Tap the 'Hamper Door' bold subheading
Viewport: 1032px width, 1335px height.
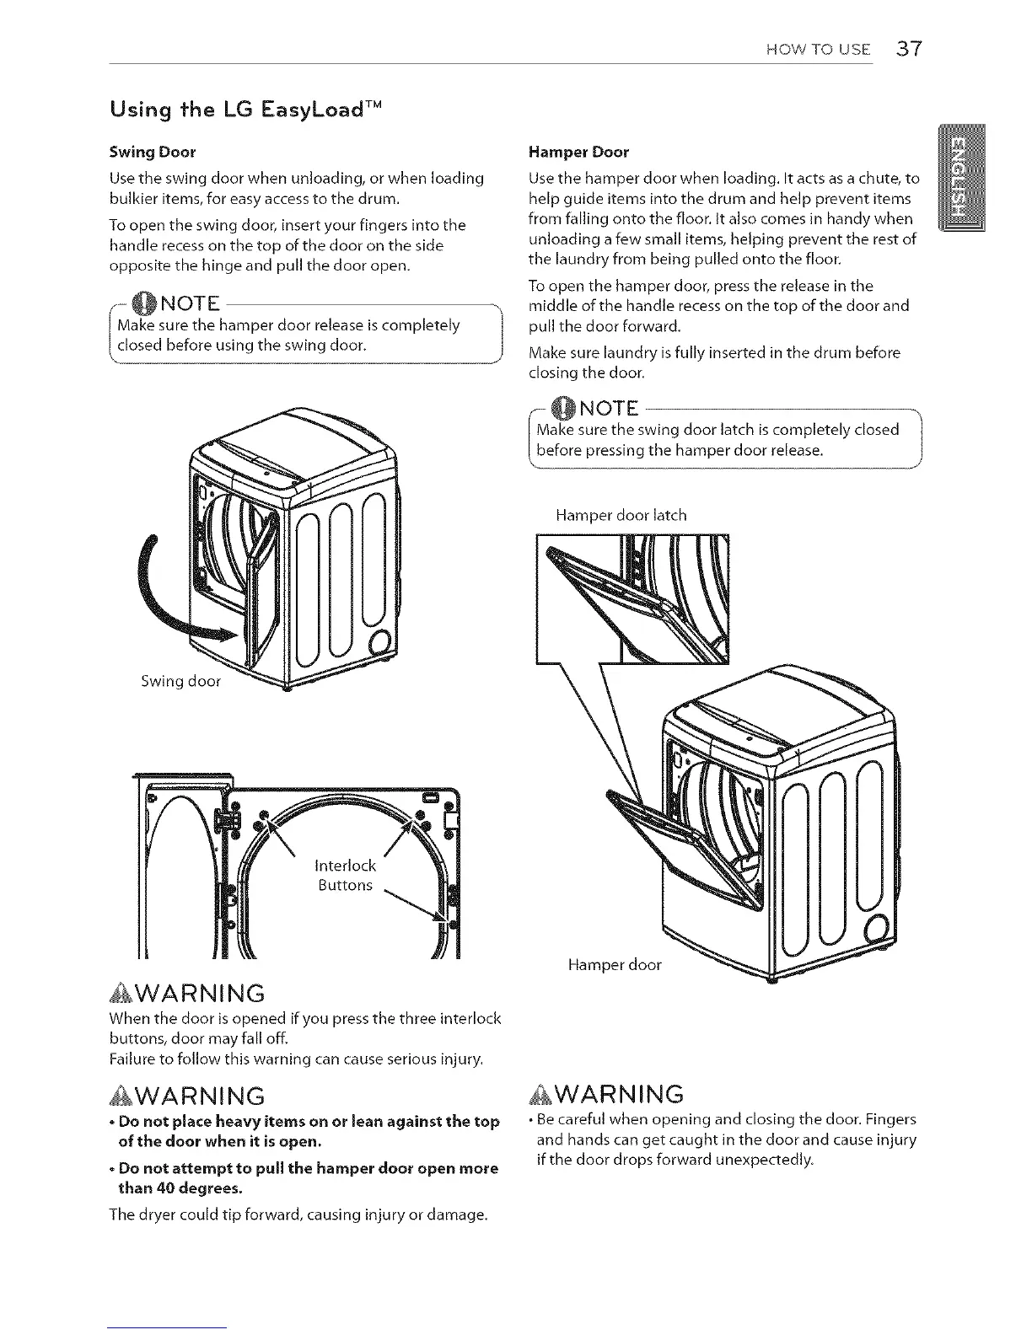coord(578,153)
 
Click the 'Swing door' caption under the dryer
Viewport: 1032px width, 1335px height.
coord(180,681)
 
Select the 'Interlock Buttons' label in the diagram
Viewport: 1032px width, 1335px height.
coord(345,875)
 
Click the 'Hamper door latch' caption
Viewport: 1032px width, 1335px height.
coord(621,515)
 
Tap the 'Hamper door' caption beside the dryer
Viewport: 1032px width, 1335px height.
coord(615,965)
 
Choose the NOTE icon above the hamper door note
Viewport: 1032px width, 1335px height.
coord(562,409)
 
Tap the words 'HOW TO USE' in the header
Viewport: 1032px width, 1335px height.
coord(818,49)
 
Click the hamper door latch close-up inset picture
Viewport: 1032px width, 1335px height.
coord(632,598)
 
